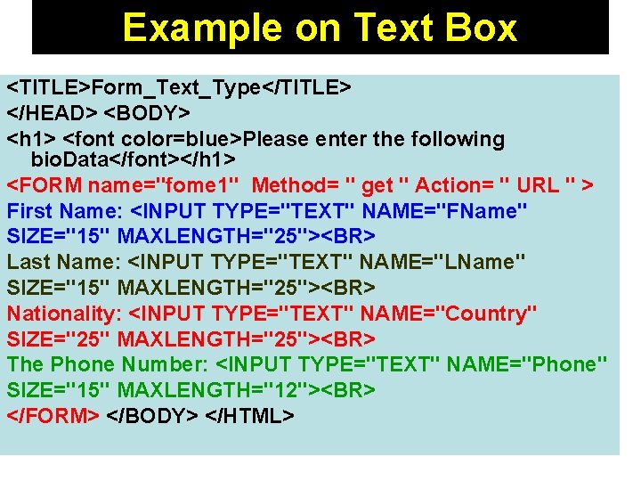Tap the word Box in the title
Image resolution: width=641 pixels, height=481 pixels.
pyautogui.click(x=481, y=28)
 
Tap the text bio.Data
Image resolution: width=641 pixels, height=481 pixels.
pyautogui.click(x=70, y=160)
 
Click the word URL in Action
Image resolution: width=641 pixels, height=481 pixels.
pyautogui.click(x=539, y=186)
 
